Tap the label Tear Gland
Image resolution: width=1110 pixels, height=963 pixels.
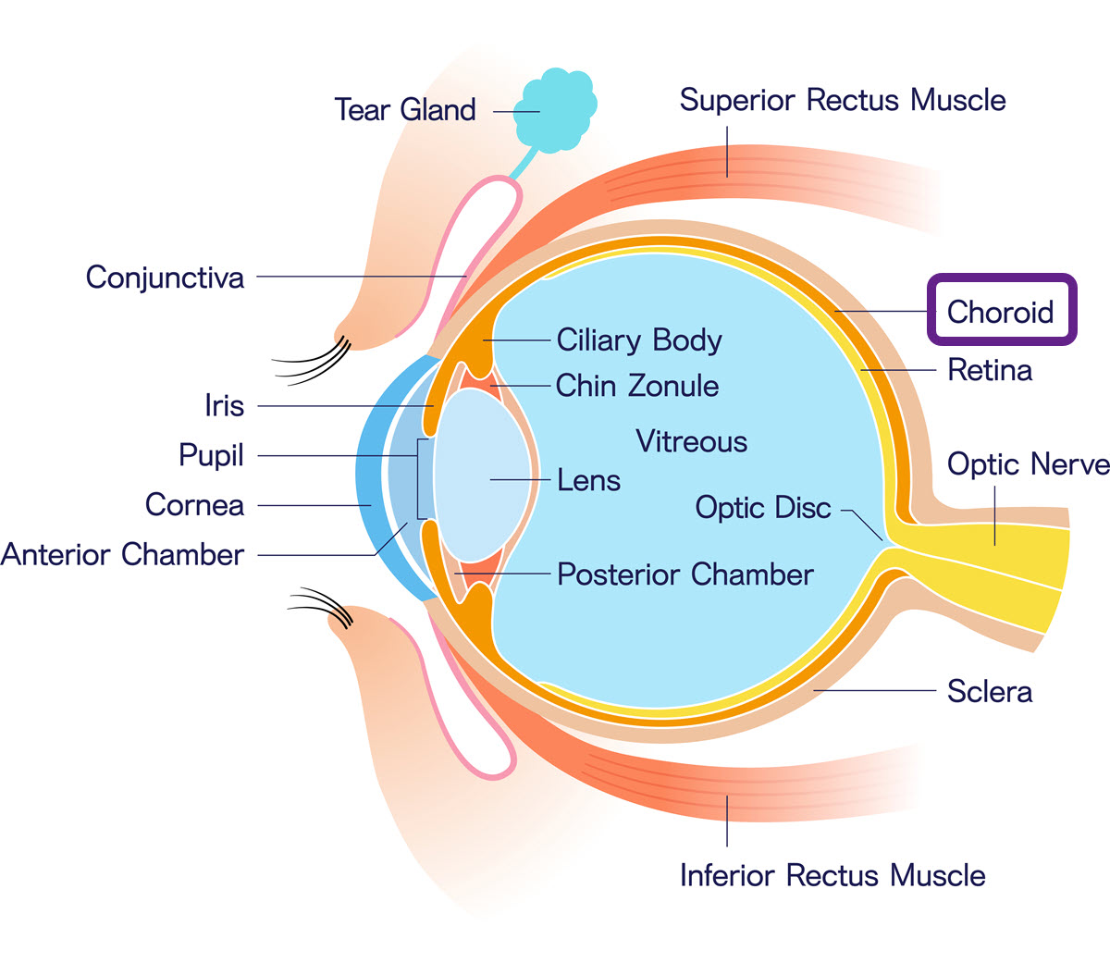point(405,110)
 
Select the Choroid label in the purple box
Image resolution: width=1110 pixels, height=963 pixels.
point(1001,312)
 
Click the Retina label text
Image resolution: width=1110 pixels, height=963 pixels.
point(990,371)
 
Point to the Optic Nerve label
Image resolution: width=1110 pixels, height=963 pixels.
point(1028,464)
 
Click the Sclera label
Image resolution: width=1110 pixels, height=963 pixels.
point(989,691)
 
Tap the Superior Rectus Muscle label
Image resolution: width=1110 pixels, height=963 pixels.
point(843,100)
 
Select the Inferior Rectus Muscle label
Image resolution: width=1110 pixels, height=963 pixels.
point(832,875)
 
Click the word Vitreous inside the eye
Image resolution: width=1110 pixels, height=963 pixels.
point(691,441)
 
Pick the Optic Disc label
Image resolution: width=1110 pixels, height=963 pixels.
point(763,508)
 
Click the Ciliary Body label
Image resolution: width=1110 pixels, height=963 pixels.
point(639,340)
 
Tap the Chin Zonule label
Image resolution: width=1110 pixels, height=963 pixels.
point(637,386)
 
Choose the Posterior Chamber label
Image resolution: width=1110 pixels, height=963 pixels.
point(685,574)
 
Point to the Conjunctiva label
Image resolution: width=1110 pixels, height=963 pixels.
point(166,278)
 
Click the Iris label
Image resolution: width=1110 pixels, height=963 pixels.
point(224,406)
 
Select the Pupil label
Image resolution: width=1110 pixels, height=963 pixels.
point(211,455)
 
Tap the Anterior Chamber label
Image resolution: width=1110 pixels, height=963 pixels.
point(123,555)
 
